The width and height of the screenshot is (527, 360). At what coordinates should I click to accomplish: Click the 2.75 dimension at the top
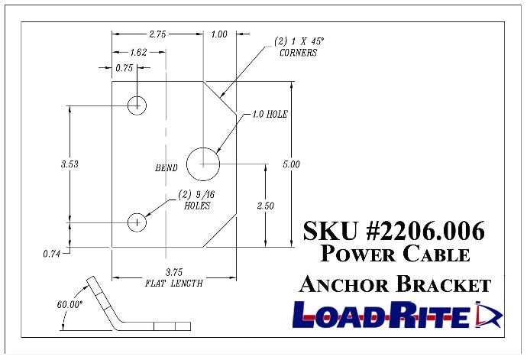(159, 34)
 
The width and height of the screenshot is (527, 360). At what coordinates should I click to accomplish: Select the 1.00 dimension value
(219, 34)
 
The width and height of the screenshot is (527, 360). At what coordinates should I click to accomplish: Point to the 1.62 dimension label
(139, 53)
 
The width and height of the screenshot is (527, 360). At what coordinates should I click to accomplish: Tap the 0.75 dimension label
(124, 68)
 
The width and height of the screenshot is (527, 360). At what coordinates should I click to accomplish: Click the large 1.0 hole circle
(203, 163)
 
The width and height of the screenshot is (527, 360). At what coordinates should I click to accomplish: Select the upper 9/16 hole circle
(137, 105)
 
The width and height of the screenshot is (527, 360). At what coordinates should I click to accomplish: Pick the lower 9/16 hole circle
(137, 222)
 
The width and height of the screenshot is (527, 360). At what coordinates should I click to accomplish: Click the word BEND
(166, 168)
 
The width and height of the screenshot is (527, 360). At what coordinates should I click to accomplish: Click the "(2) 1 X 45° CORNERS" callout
(298, 47)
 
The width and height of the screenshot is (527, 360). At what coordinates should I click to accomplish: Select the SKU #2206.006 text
(393, 230)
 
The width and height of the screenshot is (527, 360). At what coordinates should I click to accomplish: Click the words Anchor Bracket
(393, 284)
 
